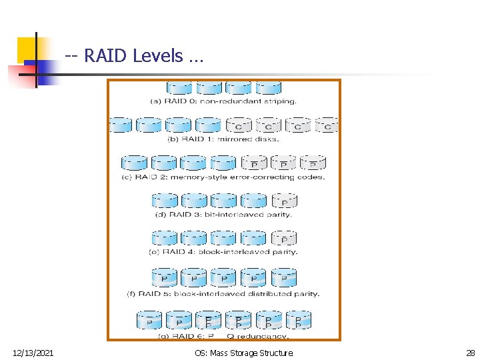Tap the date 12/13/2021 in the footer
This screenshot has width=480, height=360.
[33, 353]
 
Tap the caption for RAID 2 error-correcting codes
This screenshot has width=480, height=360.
[223, 177]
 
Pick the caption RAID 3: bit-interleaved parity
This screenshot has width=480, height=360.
[223, 215]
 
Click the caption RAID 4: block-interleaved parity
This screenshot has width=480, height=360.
[223, 252]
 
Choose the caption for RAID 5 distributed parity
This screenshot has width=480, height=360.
[223, 293]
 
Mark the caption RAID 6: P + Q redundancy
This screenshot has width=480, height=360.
[223, 335]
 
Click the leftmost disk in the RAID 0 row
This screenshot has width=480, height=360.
[179, 88]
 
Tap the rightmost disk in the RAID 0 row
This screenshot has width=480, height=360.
[269, 88]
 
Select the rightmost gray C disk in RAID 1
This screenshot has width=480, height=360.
[327, 125]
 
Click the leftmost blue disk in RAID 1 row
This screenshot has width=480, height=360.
[121, 125]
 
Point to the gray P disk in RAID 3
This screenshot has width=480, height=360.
[285, 201]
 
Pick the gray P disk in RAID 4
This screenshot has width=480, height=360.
[285, 238]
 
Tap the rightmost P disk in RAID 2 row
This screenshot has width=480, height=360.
[313, 163]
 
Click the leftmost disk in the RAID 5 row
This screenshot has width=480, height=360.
[164, 277]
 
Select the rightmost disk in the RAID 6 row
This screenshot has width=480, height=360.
[298, 321]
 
